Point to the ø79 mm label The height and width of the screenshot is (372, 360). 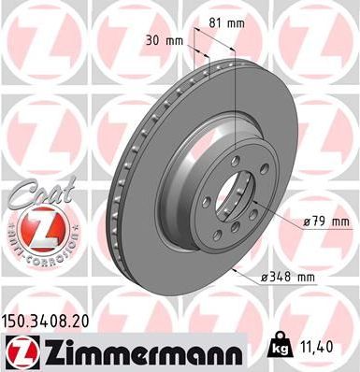(x=324, y=221)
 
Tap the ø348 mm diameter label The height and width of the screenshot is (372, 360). (x=290, y=278)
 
